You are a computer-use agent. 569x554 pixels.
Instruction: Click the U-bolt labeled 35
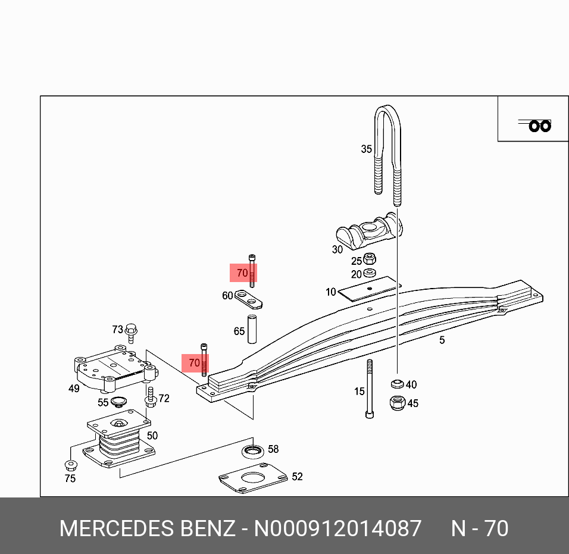(x=387, y=149)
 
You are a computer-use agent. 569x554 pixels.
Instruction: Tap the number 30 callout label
(x=337, y=250)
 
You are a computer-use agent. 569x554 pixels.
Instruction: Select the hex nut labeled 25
(x=370, y=259)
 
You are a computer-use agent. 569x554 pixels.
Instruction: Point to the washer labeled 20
(x=370, y=273)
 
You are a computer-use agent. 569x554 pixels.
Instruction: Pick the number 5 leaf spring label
(x=442, y=340)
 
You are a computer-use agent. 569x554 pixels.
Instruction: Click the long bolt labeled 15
(x=370, y=389)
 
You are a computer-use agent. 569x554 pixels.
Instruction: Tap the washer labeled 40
(x=396, y=384)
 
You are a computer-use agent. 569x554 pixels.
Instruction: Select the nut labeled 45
(x=396, y=403)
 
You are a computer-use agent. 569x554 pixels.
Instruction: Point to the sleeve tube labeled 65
(x=252, y=330)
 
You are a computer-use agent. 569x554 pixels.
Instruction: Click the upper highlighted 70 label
(x=243, y=273)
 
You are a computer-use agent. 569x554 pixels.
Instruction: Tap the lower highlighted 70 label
(x=195, y=362)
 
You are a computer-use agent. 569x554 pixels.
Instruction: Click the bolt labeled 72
(x=151, y=396)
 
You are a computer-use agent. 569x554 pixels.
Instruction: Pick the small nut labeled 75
(x=70, y=465)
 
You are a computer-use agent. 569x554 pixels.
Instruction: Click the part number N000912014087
(x=338, y=528)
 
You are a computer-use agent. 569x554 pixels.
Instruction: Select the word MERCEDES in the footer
(x=114, y=528)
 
